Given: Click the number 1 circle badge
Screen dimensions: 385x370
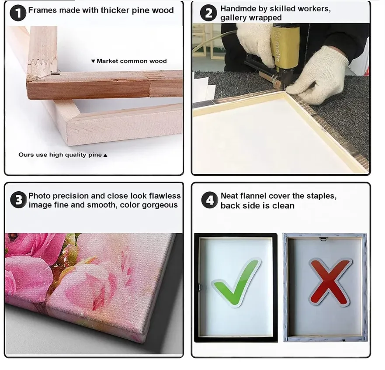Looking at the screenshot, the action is click(x=18, y=13).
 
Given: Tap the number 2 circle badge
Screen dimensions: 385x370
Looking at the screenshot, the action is click(x=208, y=13).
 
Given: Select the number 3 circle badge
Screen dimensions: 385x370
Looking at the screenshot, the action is click(x=18, y=200).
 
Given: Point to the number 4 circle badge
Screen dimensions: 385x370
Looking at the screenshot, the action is click(x=209, y=200).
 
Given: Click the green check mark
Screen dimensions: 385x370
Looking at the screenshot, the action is click(x=236, y=282).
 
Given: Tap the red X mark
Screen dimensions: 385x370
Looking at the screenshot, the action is click(x=330, y=282).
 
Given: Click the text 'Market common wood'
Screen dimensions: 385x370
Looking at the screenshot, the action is click(x=132, y=61).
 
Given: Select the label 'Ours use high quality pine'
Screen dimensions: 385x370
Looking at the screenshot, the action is click(x=60, y=155).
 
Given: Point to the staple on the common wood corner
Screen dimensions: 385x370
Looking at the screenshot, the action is click(x=55, y=73).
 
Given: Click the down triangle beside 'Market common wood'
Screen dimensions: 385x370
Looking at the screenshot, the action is click(x=93, y=61).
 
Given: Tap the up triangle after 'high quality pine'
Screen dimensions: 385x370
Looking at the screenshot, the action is click(x=105, y=155).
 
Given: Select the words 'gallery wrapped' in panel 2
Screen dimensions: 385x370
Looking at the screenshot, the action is click(x=251, y=18).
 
